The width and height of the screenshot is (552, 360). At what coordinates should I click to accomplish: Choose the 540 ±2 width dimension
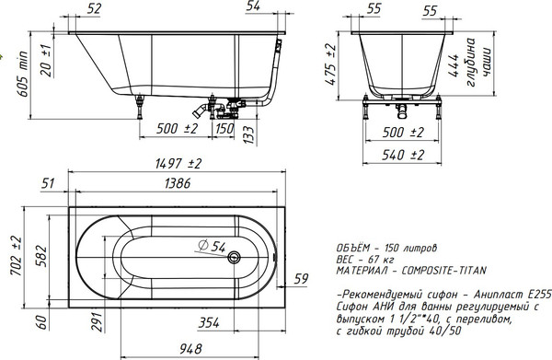pos(403,155)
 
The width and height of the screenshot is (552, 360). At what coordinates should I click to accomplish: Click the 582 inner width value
pos(40,255)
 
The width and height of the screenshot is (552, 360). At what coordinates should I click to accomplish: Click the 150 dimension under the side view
pos(224,127)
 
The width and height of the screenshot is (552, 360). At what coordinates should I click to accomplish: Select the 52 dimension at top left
pos(93,7)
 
